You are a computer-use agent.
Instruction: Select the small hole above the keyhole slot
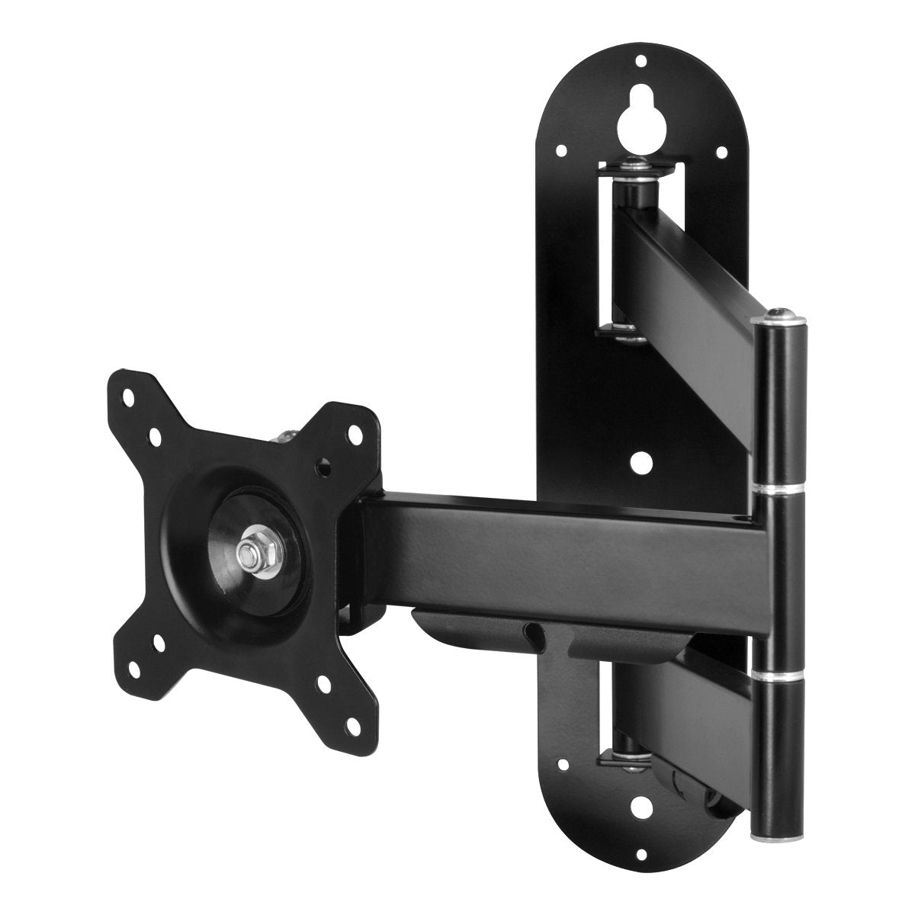641,60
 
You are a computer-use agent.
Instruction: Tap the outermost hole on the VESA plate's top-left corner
127,397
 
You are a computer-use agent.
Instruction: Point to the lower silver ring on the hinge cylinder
778,675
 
